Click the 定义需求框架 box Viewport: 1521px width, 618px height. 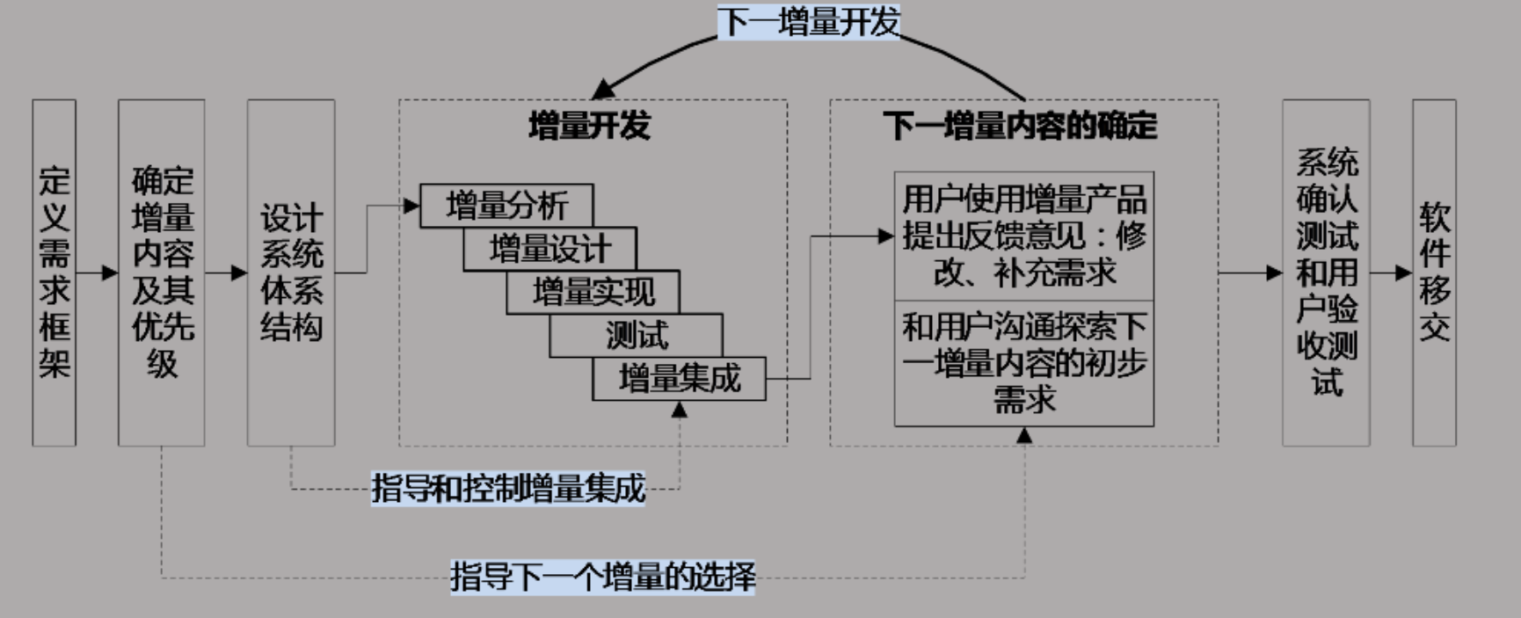[x=54, y=273]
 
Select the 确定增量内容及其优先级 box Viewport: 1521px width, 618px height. [x=162, y=273]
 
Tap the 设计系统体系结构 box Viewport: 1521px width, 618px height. [x=291, y=273]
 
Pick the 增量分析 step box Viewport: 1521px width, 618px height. [x=506, y=206]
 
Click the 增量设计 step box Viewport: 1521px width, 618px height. [x=549, y=249]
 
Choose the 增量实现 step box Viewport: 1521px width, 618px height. [x=593, y=292]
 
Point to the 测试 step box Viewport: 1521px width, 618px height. [x=636, y=335]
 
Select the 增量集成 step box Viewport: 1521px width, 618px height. [x=679, y=379]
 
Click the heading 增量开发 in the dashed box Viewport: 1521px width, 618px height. [x=590, y=126]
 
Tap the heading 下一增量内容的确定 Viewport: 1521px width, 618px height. [x=1020, y=126]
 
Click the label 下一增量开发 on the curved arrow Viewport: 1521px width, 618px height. [x=809, y=22]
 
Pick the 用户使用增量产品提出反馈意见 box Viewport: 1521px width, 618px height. [x=1024, y=236]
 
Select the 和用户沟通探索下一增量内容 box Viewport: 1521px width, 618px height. [x=1024, y=363]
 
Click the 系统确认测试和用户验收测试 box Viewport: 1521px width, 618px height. [x=1326, y=273]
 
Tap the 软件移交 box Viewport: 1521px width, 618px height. [x=1434, y=273]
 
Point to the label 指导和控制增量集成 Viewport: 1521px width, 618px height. [x=508, y=488]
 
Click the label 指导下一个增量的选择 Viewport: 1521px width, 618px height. [x=603, y=577]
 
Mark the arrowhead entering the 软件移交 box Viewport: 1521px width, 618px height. [x=1404, y=273]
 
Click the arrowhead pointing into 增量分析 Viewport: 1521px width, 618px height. [x=411, y=206]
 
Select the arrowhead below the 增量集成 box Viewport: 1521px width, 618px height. [x=679, y=409]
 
